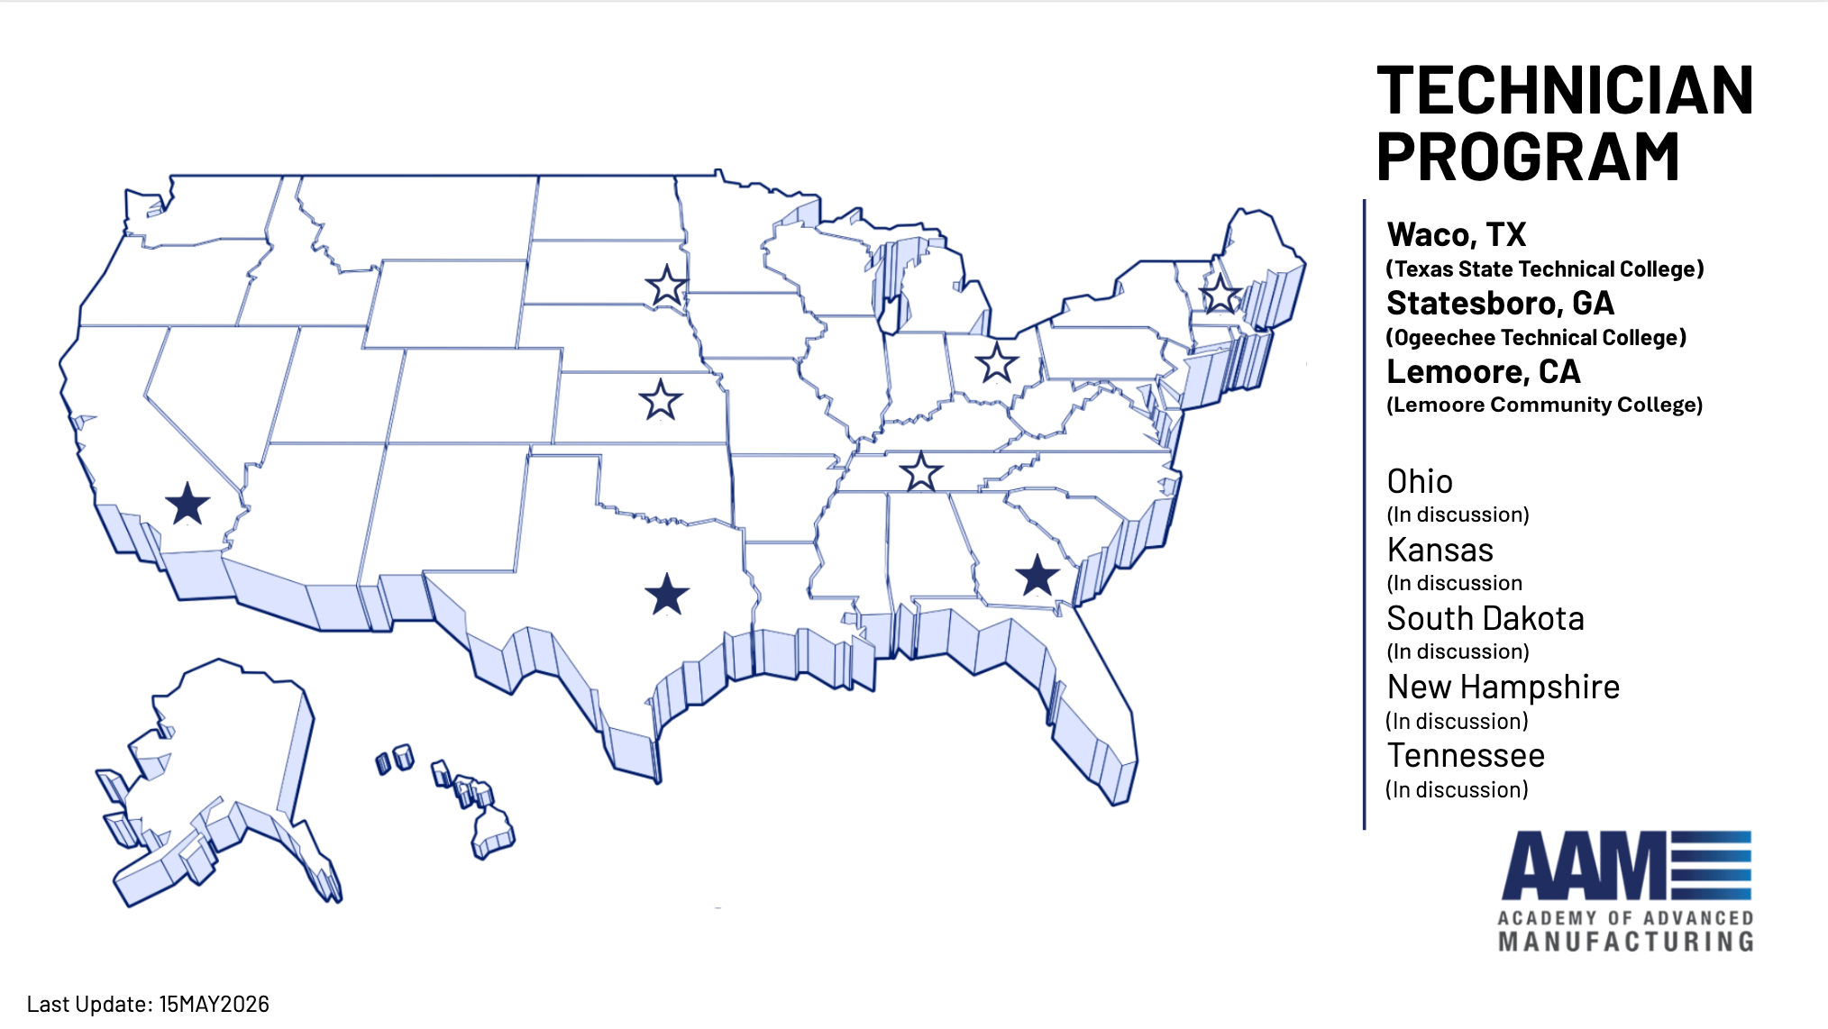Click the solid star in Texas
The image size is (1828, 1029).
667,595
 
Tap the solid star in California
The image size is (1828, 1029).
187,504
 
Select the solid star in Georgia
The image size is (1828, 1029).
1037,576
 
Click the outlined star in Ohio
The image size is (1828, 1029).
997,364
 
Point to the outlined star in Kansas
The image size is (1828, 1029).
661,400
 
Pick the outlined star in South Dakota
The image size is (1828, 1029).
667,287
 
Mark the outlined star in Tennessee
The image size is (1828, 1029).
921,472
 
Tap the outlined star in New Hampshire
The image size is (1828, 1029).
1221,294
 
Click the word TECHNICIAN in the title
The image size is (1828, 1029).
1565,91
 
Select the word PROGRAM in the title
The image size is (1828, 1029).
1528,158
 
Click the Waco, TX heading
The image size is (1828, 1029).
1456,235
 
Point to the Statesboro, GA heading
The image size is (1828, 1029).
1500,304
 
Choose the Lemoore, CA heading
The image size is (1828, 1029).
1483,372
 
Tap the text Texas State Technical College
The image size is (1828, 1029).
1544,269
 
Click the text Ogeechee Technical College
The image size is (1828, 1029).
1535,338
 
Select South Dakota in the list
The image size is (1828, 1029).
1485,619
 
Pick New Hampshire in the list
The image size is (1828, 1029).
1503,688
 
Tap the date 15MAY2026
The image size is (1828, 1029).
214,1004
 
